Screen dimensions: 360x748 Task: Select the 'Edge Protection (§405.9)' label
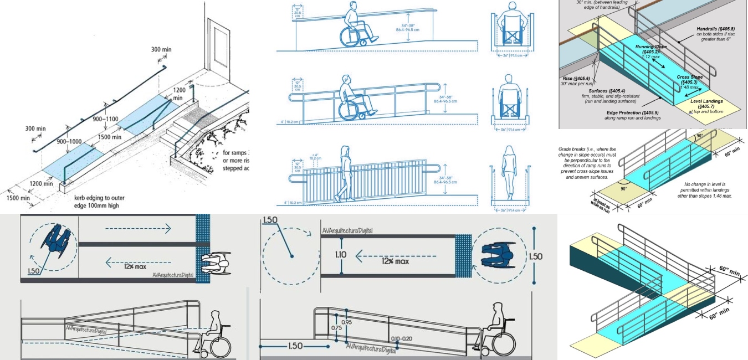[633, 113]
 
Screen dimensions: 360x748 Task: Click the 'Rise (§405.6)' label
[570, 79]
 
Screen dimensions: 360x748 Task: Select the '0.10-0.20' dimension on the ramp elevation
[401, 338]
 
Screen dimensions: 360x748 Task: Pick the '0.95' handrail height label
[347, 321]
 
